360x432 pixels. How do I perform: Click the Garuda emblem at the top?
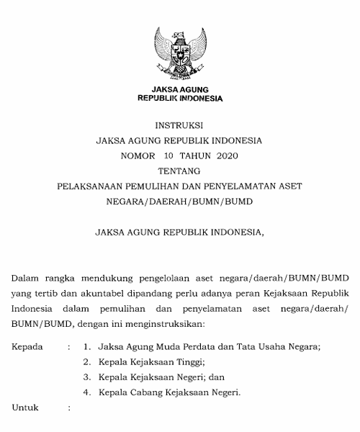(179, 53)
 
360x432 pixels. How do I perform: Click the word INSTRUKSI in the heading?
(179, 125)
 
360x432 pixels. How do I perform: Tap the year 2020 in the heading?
(225, 155)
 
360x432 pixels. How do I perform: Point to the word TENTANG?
(179, 171)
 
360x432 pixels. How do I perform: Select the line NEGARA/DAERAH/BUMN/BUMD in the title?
(179, 201)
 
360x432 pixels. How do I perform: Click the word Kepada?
(27, 346)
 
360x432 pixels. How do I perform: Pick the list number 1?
(86, 346)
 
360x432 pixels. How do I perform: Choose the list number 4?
(86, 392)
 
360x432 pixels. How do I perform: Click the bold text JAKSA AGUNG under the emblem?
(179, 89)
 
